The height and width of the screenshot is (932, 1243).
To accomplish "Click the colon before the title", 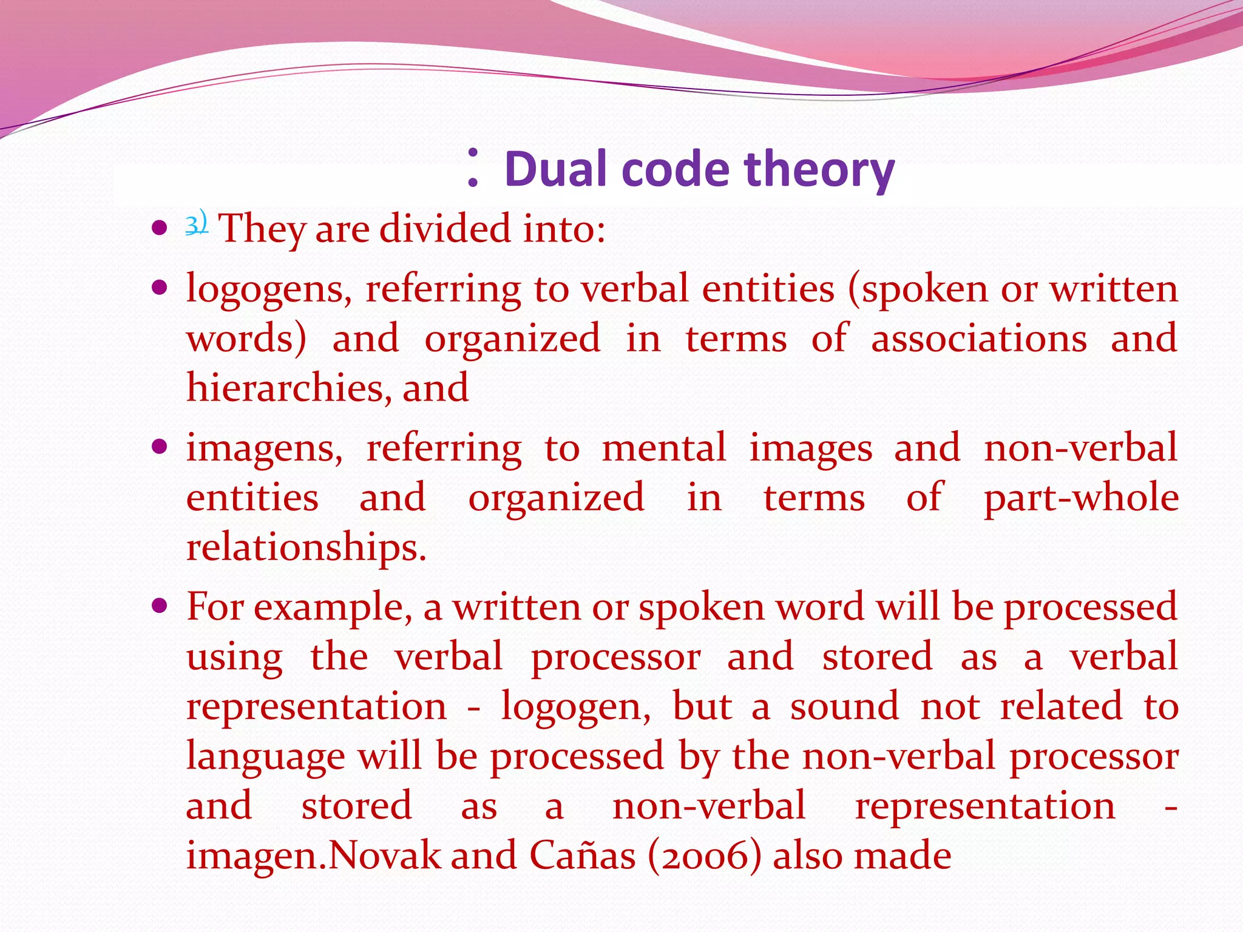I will pyautogui.click(x=473, y=167).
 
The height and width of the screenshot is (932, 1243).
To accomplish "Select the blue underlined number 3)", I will pyautogui.click(x=196, y=224).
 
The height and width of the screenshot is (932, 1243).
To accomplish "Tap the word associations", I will pyautogui.click(x=978, y=339).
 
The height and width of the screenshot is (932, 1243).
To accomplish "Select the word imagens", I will pyautogui.click(x=264, y=449).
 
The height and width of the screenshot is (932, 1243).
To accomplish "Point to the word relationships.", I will pyautogui.click(x=306, y=548).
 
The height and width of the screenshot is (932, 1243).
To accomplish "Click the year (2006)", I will pyautogui.click(x=704, y=857).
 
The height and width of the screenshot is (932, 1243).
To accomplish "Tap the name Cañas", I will pyautogui.click(x=582, y=857).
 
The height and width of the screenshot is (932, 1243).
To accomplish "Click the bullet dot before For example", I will pyautogui.click(x=160, y=606).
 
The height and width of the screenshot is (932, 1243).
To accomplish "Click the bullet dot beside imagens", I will pyautogui.click(x=160, y=447).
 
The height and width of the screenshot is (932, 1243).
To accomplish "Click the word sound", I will pyautogui.click(x=844, y=707).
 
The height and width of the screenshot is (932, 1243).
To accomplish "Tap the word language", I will pyautogui.click(x=265, y=758).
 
